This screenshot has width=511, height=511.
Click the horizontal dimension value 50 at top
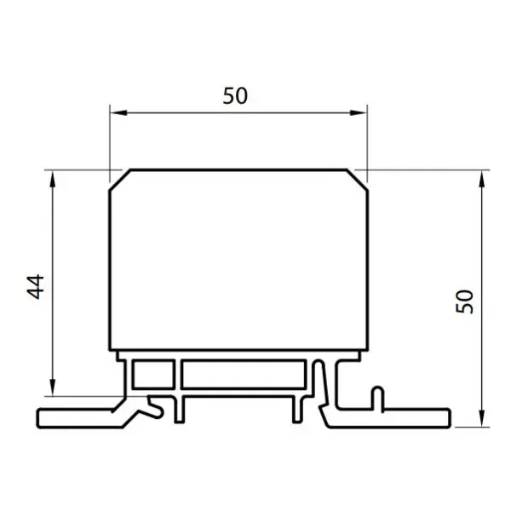235,95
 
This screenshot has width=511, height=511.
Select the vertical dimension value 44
35,287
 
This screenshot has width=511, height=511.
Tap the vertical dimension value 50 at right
464,301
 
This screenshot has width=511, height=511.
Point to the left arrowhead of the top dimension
118,112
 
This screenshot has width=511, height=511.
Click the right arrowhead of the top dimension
359,112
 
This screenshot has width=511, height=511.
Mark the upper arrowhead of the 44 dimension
53,179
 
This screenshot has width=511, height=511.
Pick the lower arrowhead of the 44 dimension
53,388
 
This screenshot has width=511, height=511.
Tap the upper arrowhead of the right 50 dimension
482,179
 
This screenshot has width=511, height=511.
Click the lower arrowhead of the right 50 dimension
482,418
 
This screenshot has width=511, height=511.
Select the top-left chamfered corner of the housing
120,180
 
